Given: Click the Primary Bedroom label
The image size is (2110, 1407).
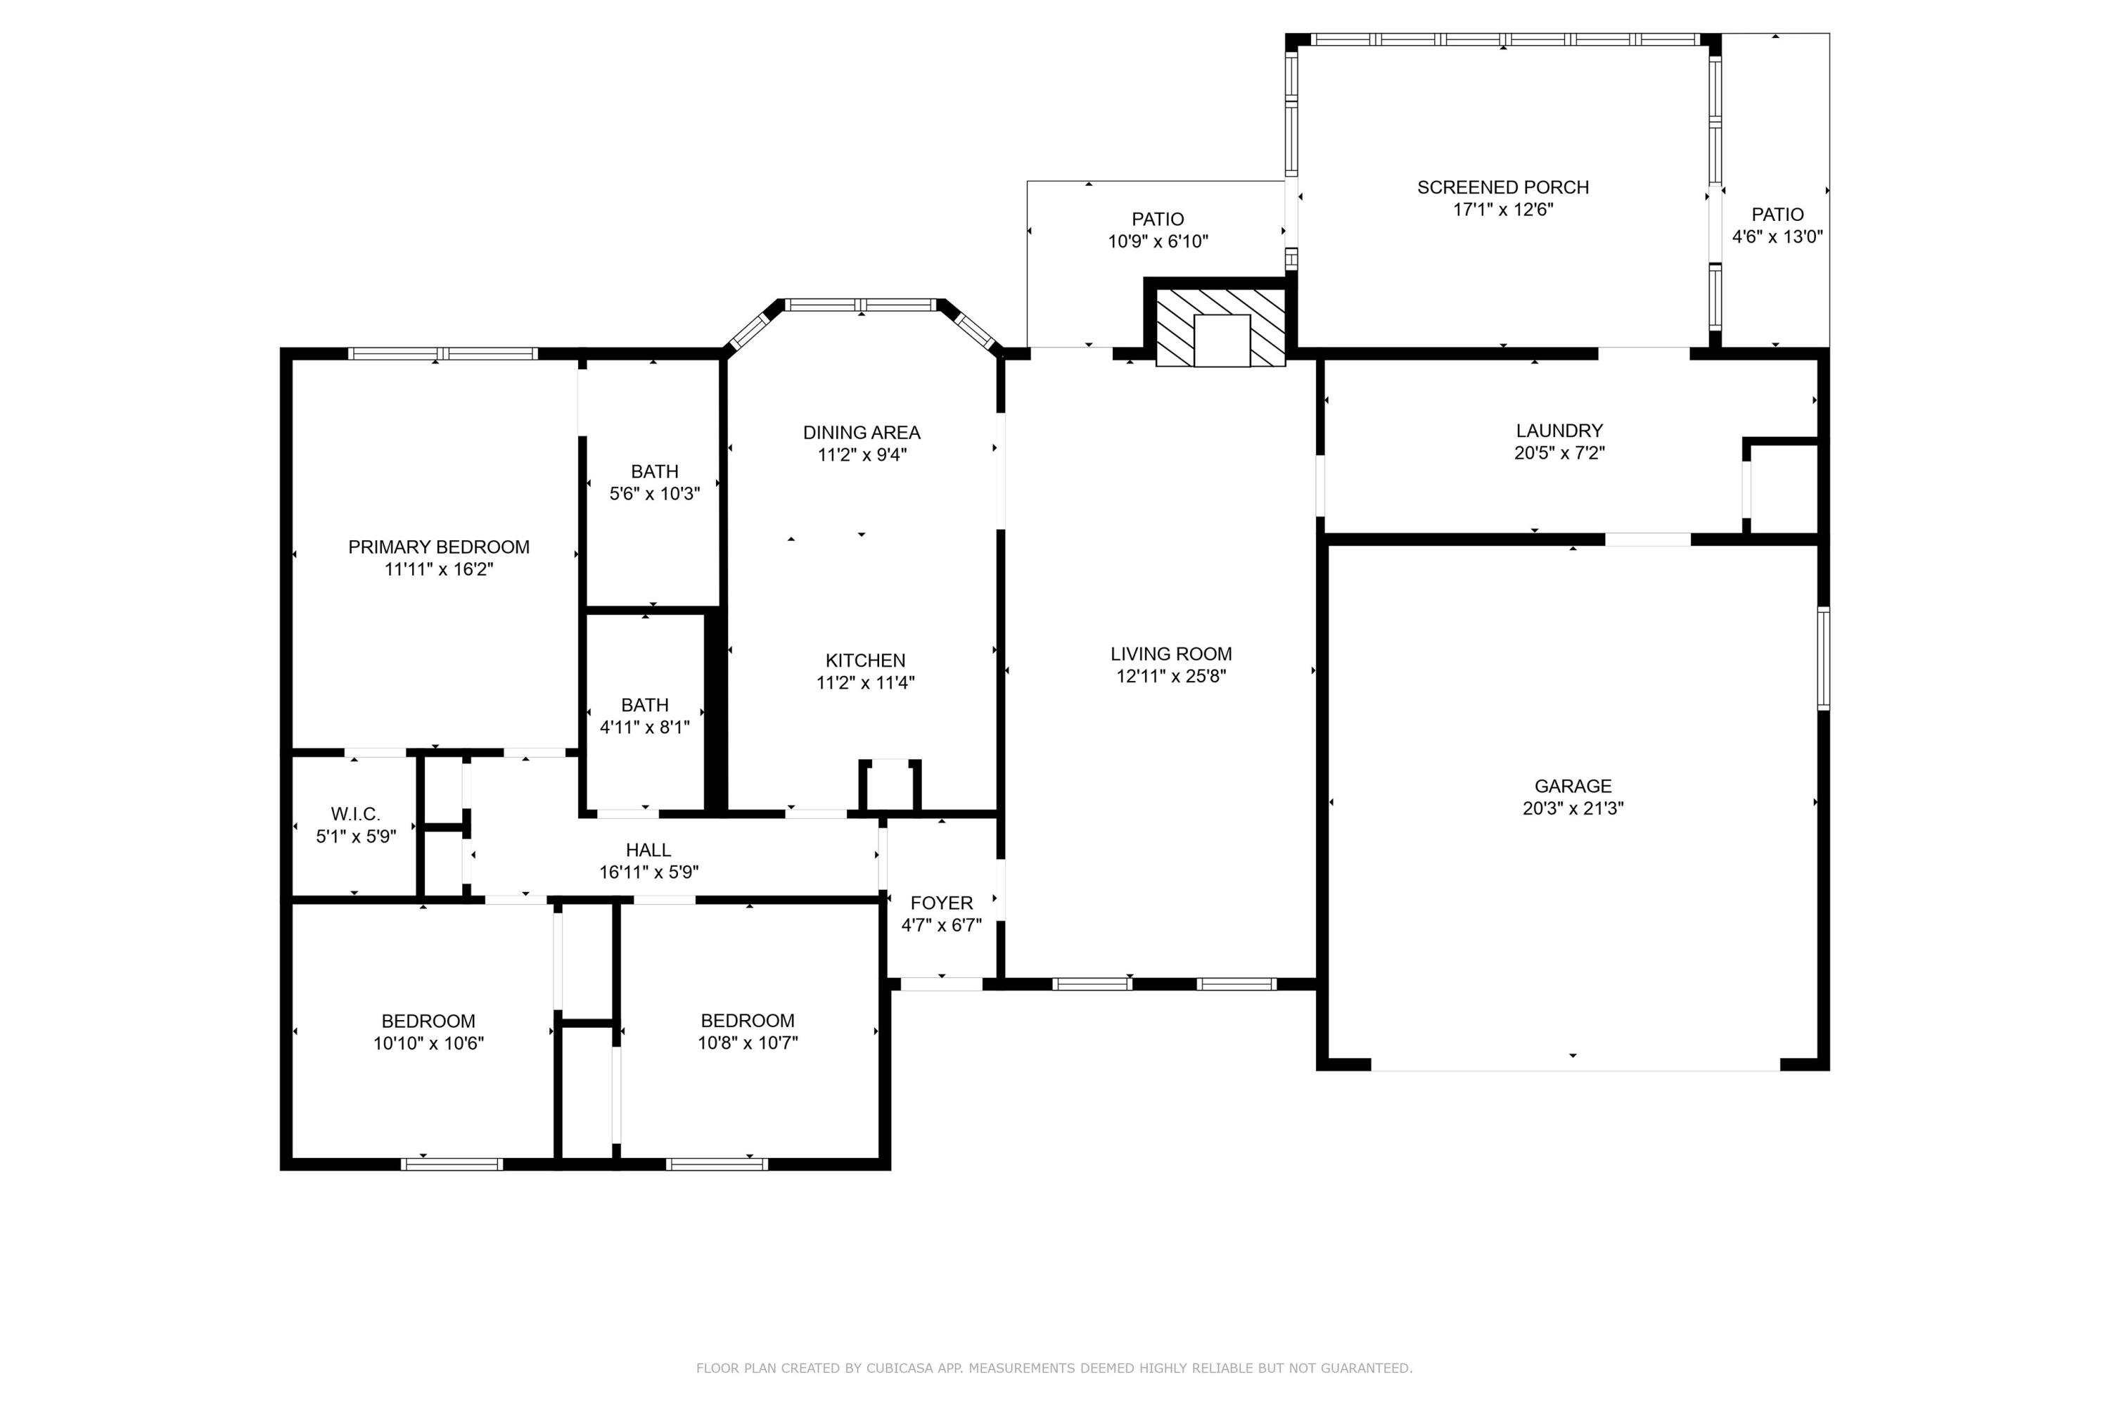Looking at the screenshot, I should pyautogui.click(x=439, y=547).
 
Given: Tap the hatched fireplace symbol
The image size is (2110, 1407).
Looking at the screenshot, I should pyautogui.click(x=1220, y=328).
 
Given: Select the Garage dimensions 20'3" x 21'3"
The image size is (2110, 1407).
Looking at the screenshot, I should pyautogui.click(x=1573, y=808).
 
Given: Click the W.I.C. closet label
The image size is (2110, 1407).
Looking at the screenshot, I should pyautogui.click(x=355, y=814).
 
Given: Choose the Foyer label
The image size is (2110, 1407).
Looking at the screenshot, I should pyautogui.click(x=941, y=903).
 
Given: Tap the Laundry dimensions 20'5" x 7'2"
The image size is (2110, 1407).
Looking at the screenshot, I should pyautogui.click(x=1559, y=453).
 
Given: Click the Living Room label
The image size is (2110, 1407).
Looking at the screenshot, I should pyautogui.click(x=1171, y=654).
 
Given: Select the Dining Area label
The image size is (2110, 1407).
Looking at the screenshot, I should pyautogui.click(x=861, y=433).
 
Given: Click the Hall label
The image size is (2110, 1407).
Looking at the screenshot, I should pyautogui.click(x=648, y=850).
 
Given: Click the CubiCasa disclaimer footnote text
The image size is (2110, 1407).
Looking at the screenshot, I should pyautogui.click(x=1054, y=1368).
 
